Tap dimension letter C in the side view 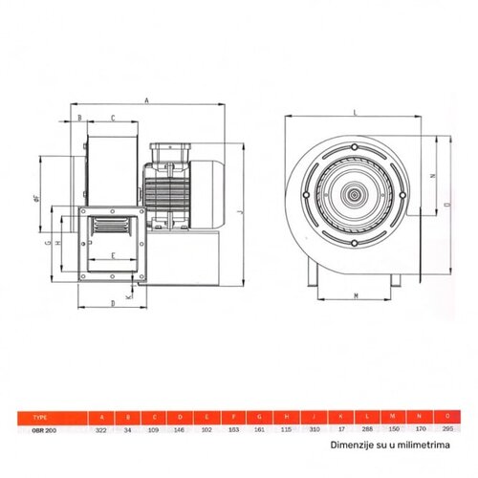pos(114,118)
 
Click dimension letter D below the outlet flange pos(113,303)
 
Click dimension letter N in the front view pos(432,176)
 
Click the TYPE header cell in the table pos(38,418)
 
